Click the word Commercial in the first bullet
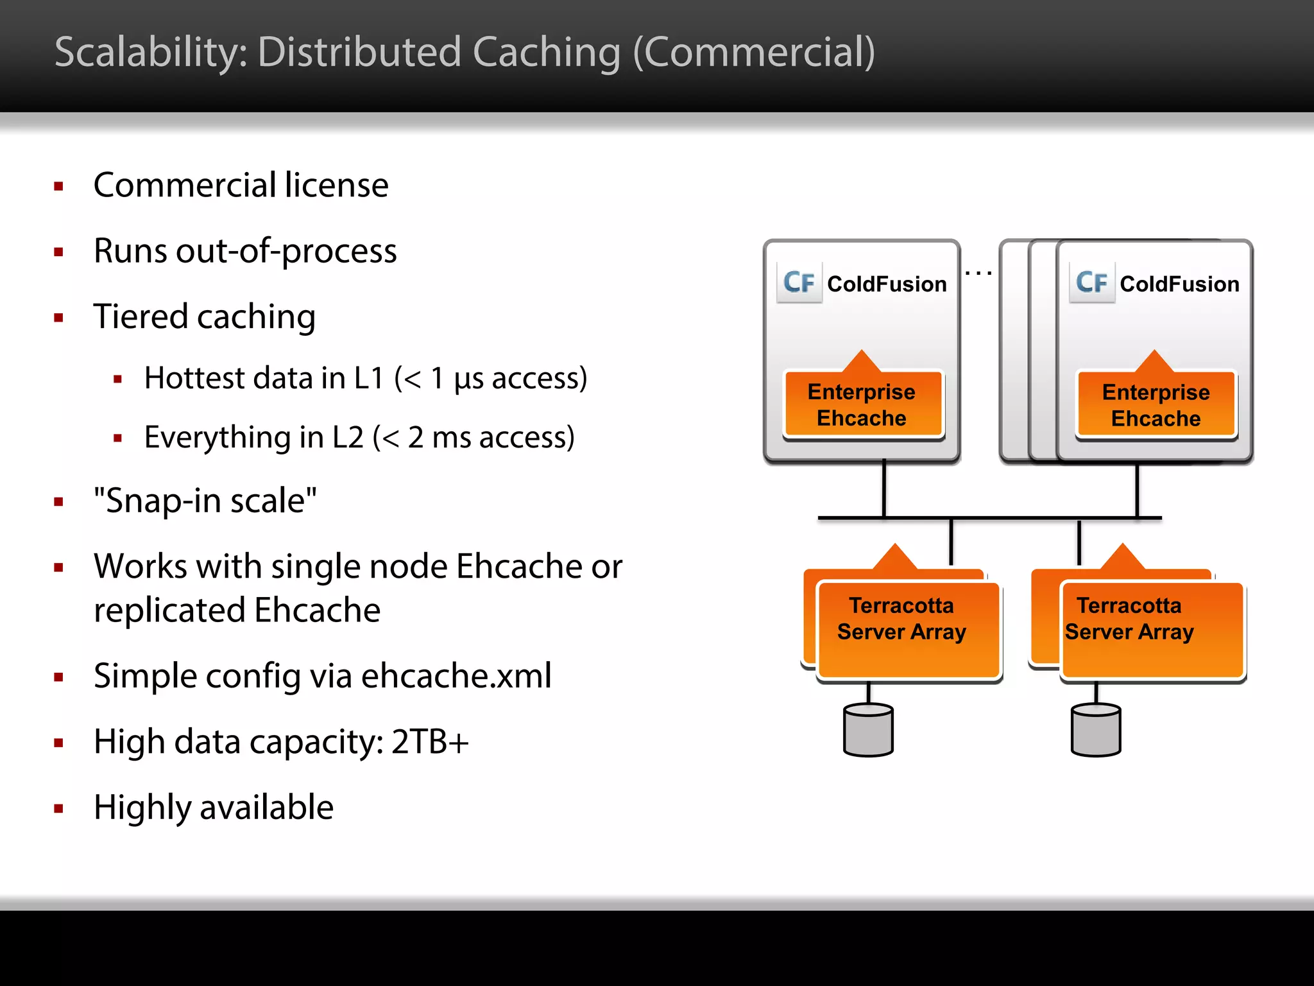click(185, 186)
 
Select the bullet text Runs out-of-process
click(245, 251)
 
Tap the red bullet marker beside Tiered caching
click(59, 318)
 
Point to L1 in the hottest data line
click(368, 378)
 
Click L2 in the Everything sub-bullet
click(347, 437)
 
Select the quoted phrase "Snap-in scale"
click(205, 501)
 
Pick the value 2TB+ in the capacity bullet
click(430, 742)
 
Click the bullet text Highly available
click(214, 808)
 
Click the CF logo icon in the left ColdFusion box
click(799, 282)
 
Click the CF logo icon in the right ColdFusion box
click(1091, 282)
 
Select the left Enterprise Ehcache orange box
click(862, 405)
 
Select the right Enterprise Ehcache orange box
click(1156, 405)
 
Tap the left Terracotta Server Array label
click(901, 619)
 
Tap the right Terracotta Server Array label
click(1129, 619)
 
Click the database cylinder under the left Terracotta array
click(868, 730)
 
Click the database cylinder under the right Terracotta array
click(1096, 730)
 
